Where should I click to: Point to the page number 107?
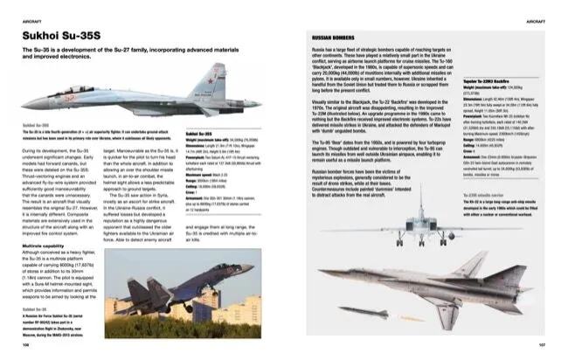point(542,343)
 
